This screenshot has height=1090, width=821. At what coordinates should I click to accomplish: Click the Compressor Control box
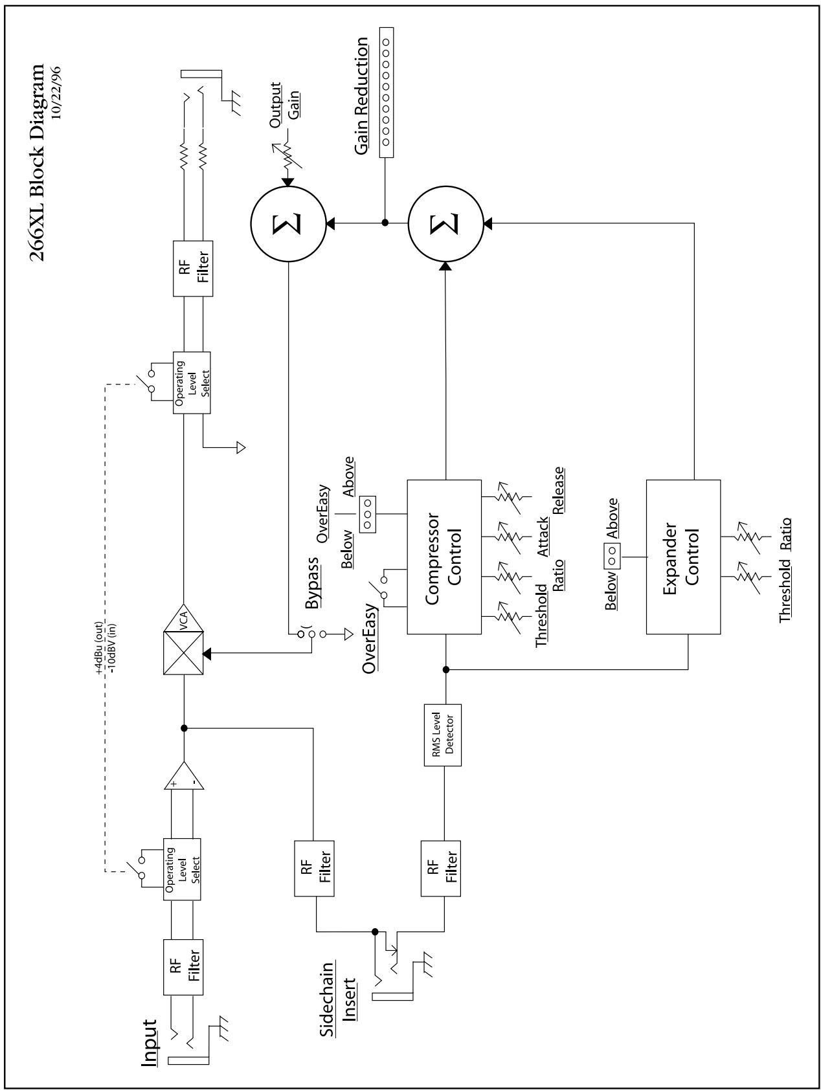tap(444, 557)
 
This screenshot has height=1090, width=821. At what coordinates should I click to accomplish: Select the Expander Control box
tap(683, 557)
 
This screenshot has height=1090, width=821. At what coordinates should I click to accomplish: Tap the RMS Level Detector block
tap(443, 735)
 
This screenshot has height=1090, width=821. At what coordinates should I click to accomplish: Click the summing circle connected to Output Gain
tap(287, 223)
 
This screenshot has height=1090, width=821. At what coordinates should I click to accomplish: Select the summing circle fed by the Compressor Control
tap(445, 223)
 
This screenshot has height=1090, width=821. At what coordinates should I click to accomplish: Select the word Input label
tap(150, 1043)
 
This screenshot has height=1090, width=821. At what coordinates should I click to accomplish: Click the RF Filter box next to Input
tap(185, 968)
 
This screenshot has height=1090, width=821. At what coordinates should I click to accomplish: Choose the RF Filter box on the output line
tap(193, 269)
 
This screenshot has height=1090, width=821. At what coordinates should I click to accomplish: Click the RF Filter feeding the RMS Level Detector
tap(441, 868)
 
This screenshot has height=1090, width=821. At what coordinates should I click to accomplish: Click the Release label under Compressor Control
tap(558, 490)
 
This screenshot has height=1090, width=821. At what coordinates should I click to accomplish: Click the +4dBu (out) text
tap(100, 651)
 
